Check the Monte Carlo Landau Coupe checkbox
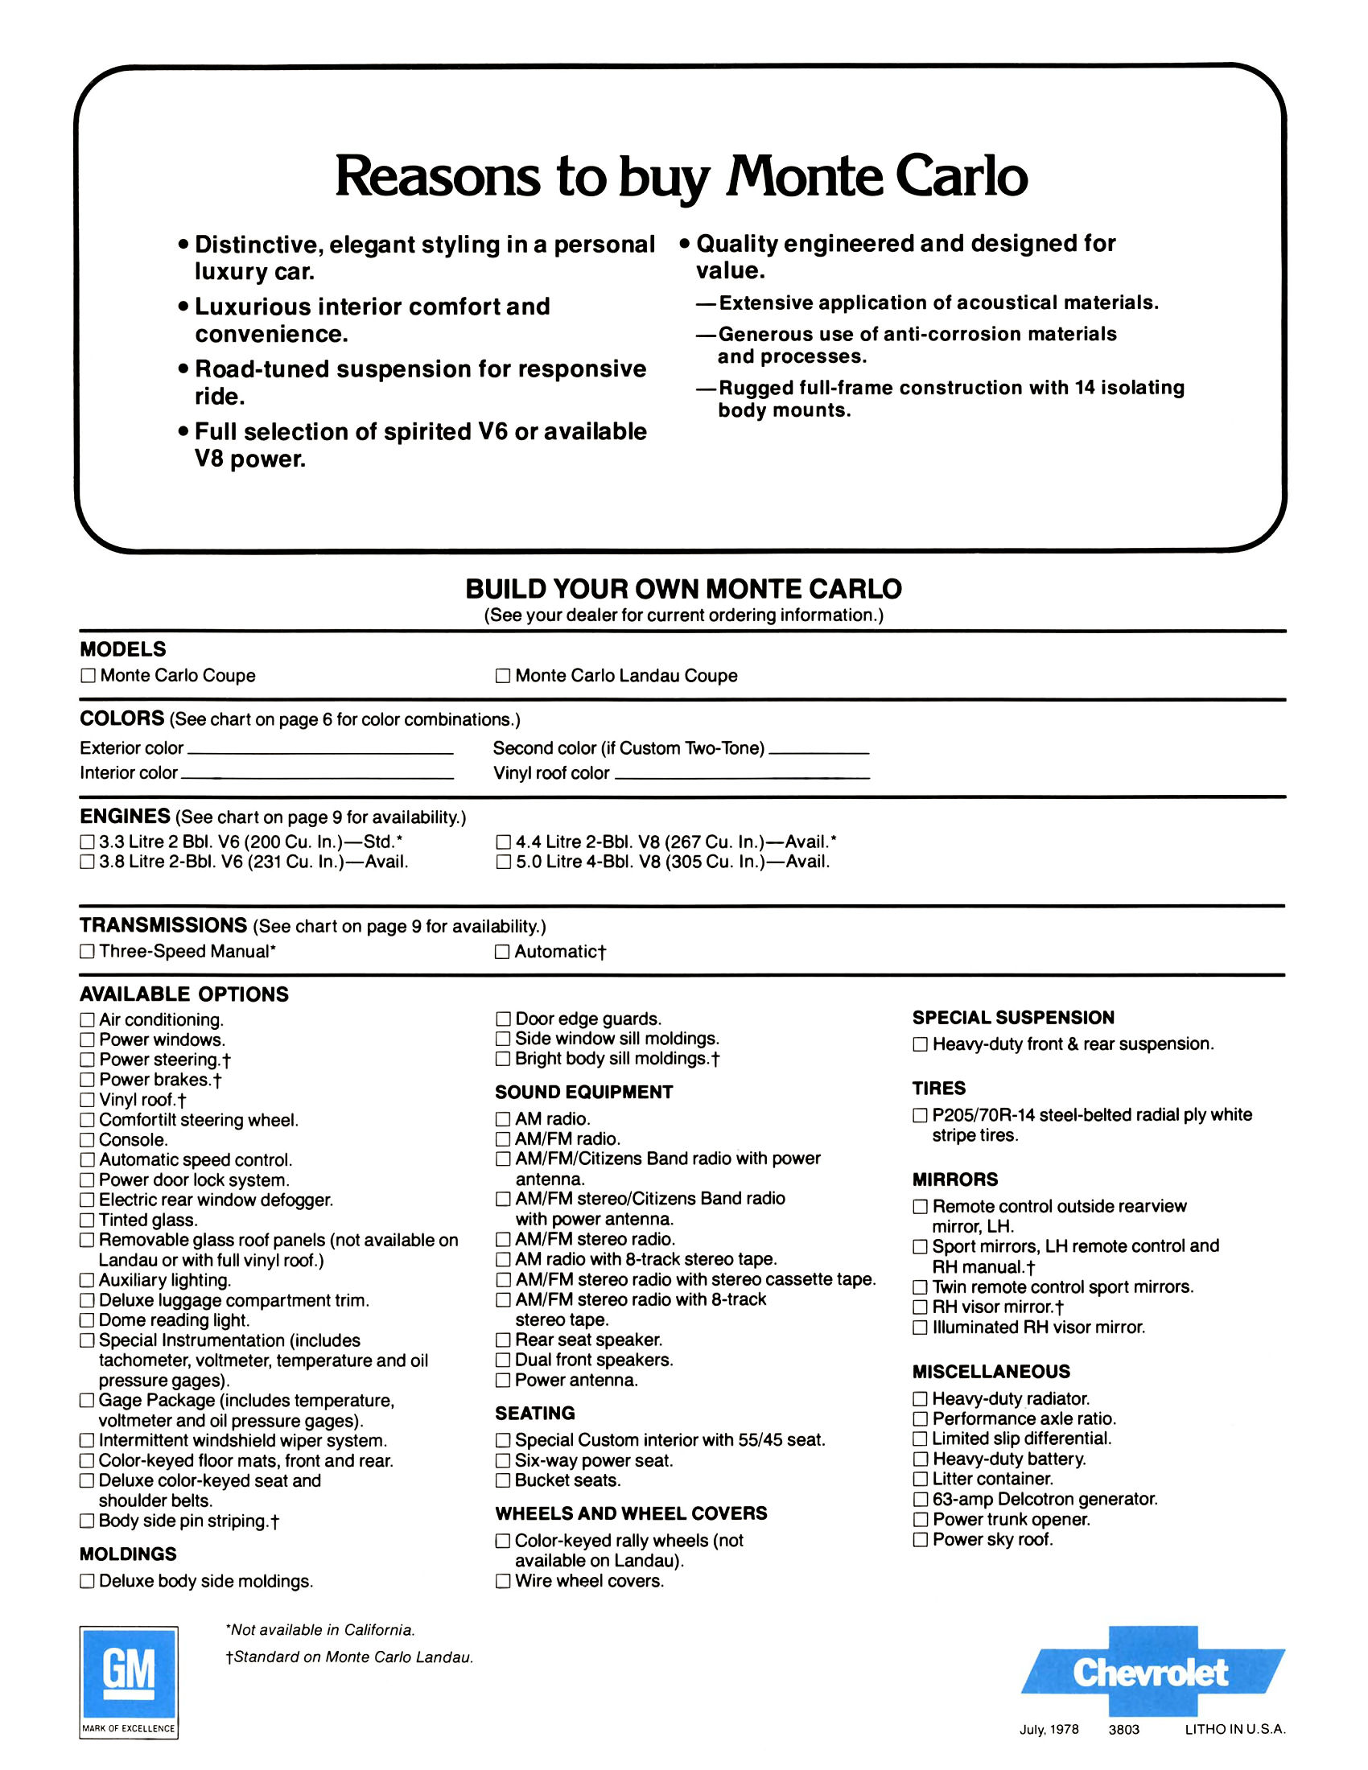(502, 676)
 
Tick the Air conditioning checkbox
(87, 1019)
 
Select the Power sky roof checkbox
(920, 1540)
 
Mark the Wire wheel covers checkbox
(502, 1581)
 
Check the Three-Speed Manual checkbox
(87, 952)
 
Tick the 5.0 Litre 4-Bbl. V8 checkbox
(502, 862)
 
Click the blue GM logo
(128, 1671)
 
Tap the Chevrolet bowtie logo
(1152, 1672)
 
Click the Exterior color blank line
(319, 753)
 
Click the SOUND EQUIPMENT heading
(583, 1093)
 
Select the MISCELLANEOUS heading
(991, 1372)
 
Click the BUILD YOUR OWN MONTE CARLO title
(683, 589)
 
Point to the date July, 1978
(1049, 1730)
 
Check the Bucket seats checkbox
(502, 1480)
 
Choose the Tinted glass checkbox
(87, 1220)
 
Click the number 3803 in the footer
(1124, 1730)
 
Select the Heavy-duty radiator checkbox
(920, 1399)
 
